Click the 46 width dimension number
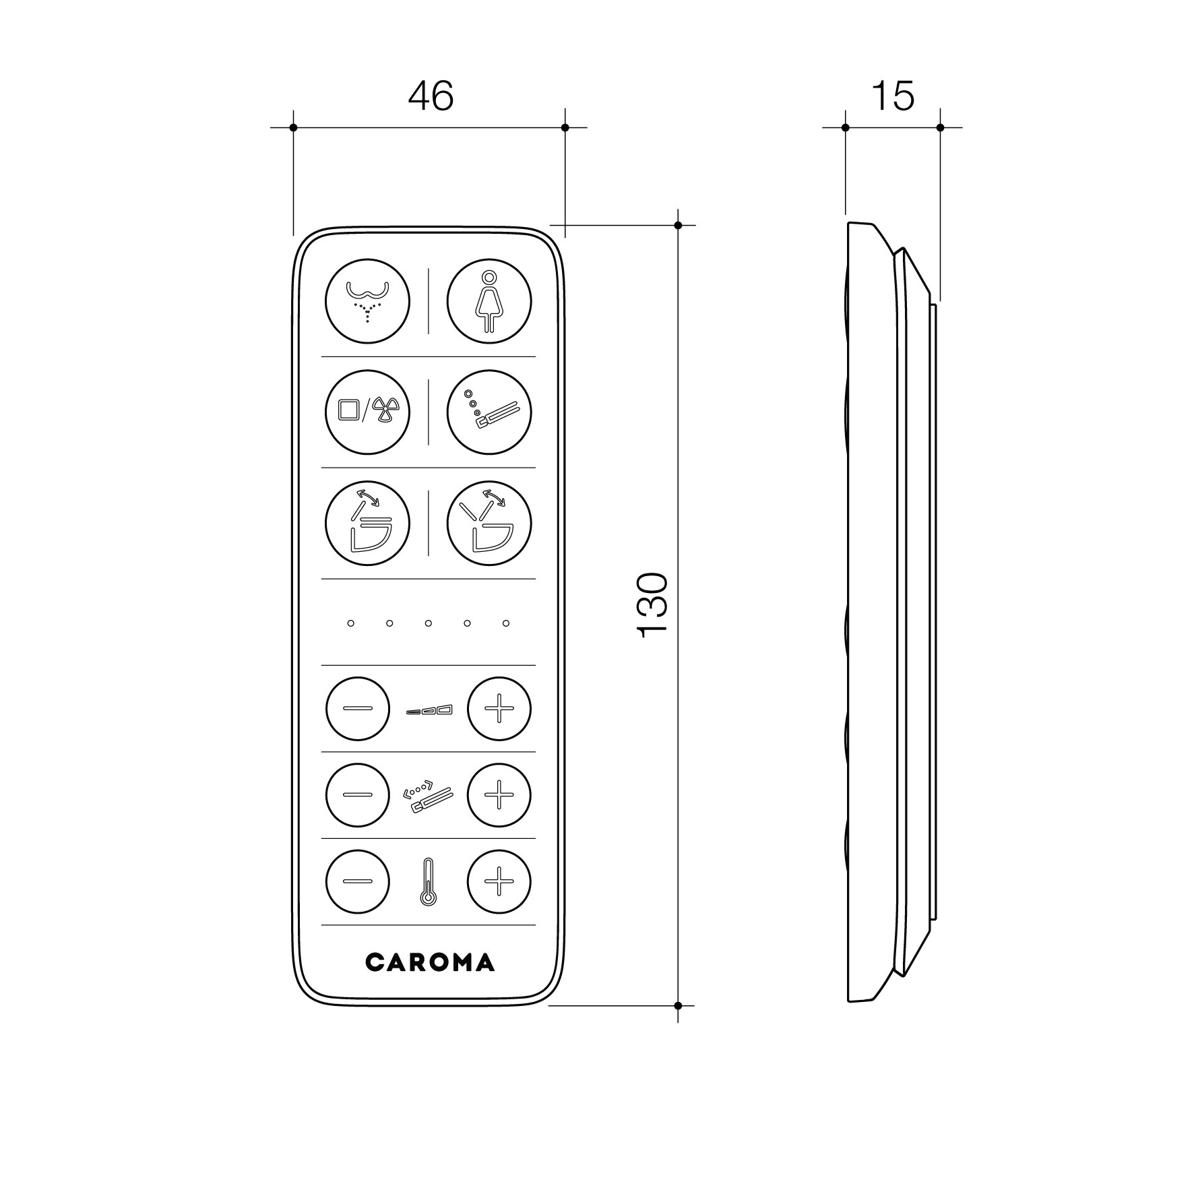point(431,96)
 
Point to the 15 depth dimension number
point(893,96)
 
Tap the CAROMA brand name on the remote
point(430,962)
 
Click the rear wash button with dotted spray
point(367,301)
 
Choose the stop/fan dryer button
point(367,412)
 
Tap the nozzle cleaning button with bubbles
point(489,412)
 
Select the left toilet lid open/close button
point(367,523)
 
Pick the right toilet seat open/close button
point(489,523)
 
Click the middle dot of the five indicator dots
point(428,623)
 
